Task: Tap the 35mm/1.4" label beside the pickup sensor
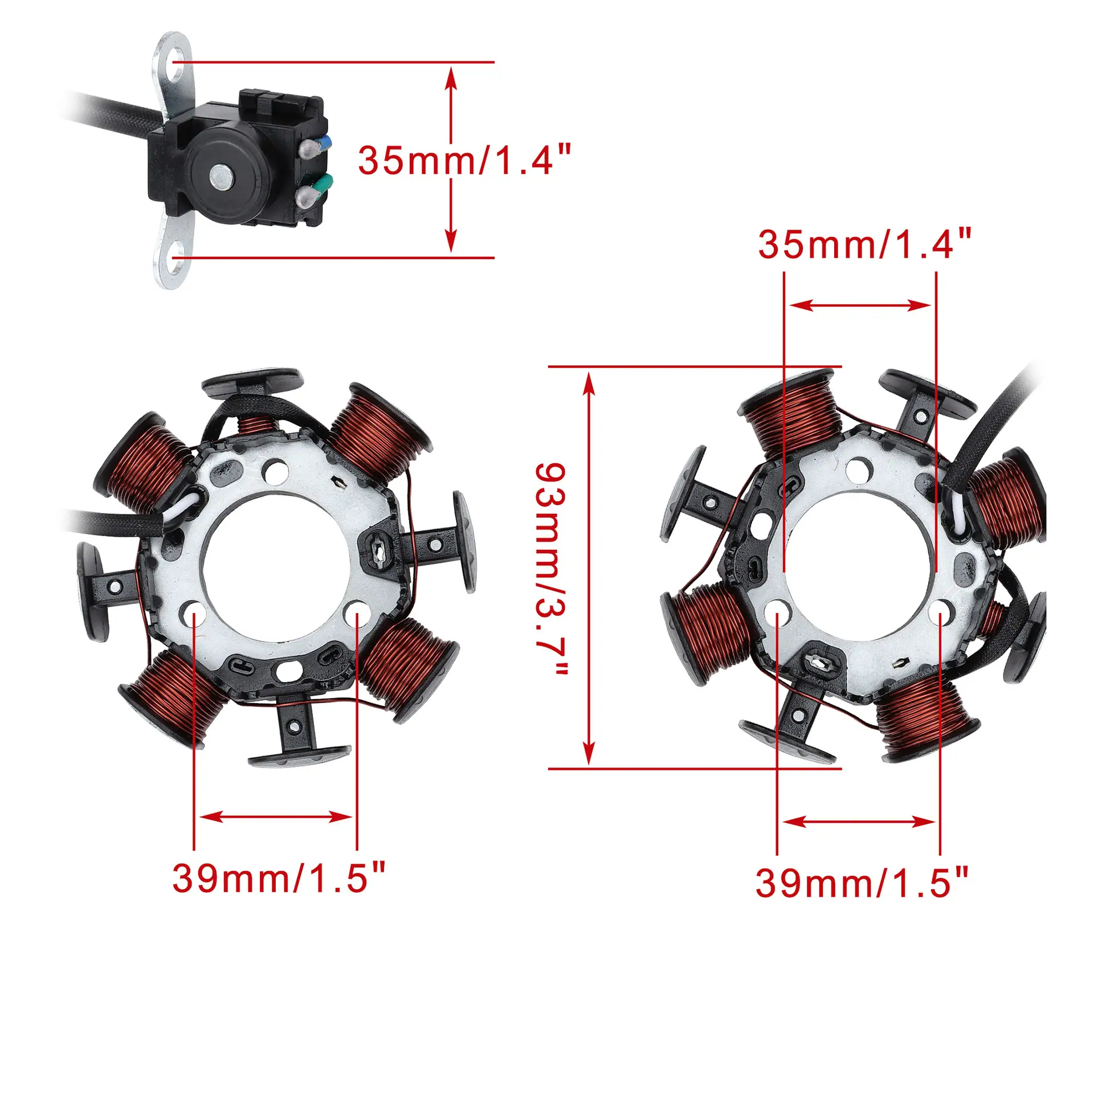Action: [x=464, y=160]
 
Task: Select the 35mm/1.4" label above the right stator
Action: [x=864, y=244]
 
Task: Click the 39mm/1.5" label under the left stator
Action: [x=279, y=877]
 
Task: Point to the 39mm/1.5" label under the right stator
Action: [x=862, y=883]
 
